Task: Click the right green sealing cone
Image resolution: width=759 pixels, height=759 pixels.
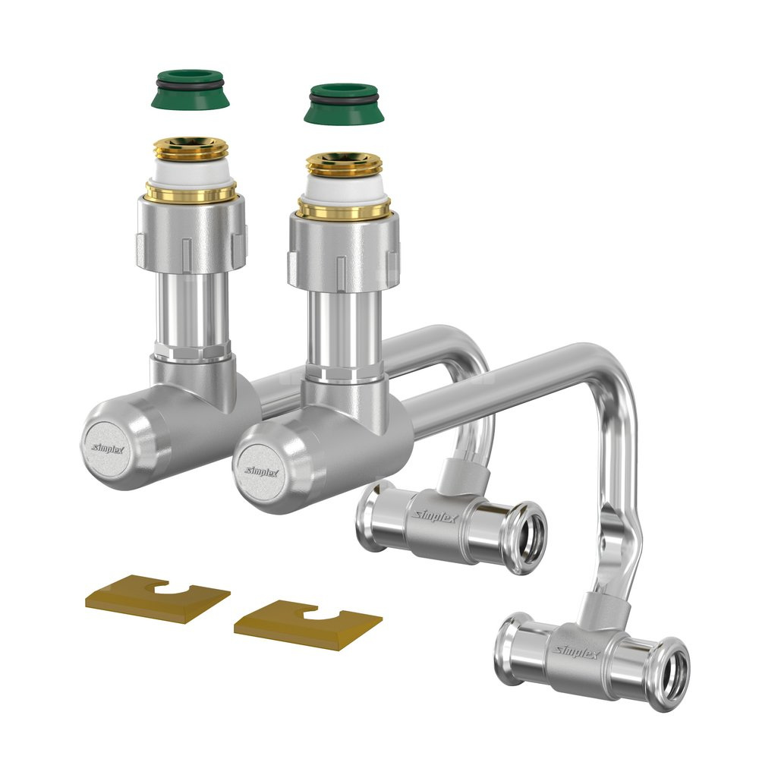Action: [x=344, y=104]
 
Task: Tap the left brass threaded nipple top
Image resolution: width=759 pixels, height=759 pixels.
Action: [x=191, y=148]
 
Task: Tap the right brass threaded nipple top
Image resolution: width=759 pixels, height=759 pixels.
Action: [x=344, y=165]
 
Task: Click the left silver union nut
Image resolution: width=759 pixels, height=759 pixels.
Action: [x=191, y=235]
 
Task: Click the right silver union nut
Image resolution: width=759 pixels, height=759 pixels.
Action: [x=344, y=253]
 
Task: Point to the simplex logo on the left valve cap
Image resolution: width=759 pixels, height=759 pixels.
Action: [x=108, y=449]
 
